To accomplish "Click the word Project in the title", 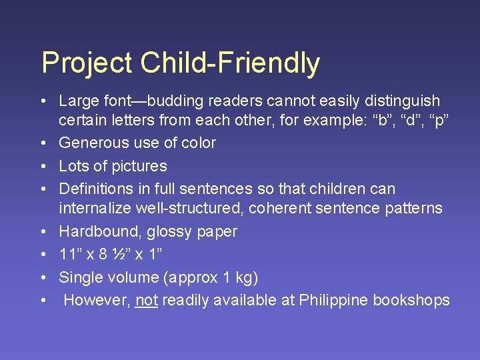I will pos(87,63).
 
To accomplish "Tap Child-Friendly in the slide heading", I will pos(230,63).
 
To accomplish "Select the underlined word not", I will pos(146,300).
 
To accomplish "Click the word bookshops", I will pos(411,301).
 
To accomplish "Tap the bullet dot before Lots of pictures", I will pos(42,167).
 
